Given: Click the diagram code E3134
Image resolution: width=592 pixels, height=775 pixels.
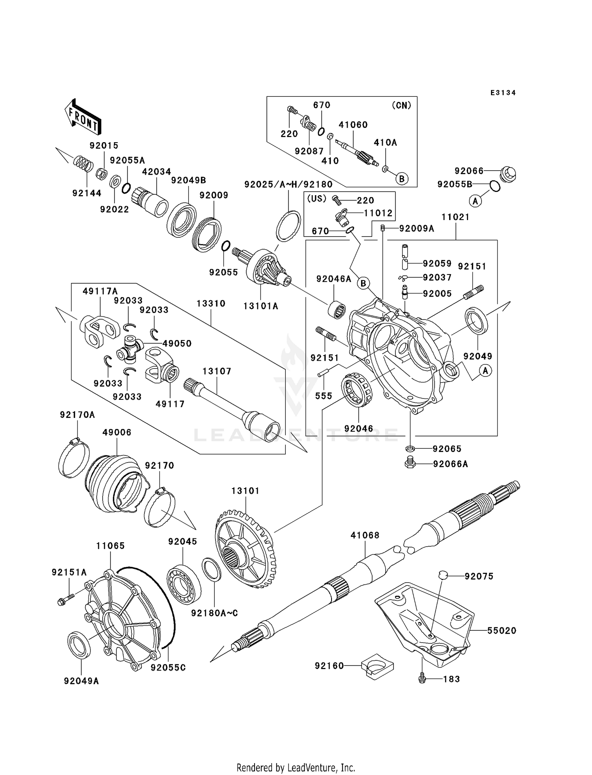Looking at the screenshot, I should (x=503, y=93).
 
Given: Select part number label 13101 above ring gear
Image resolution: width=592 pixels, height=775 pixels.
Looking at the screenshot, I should (x=245, y=491).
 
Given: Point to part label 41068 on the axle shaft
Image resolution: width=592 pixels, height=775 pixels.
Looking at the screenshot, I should (x=365, y=535).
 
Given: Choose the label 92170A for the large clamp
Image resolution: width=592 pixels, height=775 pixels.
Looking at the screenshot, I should (x=77, y=415).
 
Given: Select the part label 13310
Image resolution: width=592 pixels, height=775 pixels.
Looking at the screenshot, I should (x=211, y=304).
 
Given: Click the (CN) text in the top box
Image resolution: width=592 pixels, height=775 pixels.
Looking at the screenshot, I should (x=401, y=105).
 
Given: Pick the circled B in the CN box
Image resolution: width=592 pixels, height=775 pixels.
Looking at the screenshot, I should (x=401, y=179).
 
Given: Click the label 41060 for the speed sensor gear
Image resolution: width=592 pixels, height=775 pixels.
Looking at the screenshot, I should (x=353, y=125).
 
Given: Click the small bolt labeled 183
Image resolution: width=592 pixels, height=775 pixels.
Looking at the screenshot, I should (x=422, y=679).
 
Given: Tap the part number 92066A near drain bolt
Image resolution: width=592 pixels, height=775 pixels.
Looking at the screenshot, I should (x=450, y=464).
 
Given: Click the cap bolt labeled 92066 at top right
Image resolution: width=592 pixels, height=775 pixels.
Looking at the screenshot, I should (x=508, y=174).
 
